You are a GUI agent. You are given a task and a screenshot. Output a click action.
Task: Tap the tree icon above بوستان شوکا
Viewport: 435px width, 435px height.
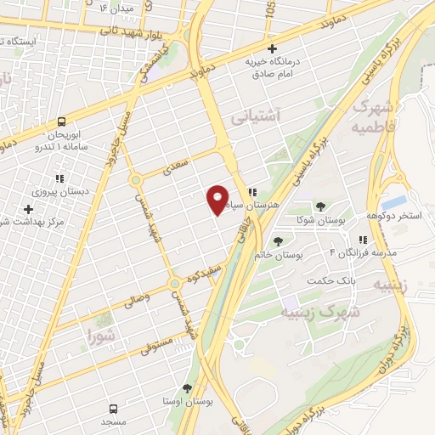(x=320, y=206)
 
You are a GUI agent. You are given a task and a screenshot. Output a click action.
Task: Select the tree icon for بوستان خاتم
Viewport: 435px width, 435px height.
(x=277, y=241)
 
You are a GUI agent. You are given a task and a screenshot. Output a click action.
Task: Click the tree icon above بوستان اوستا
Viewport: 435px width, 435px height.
(x=187, y=387)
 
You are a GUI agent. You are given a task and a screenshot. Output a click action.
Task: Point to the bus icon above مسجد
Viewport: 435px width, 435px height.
(x=114, y=409)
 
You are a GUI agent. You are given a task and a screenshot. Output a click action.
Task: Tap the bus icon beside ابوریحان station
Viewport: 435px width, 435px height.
(x=62, y=122)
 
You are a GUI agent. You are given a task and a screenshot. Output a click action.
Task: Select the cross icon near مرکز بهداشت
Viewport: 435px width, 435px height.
(x=29, y=208)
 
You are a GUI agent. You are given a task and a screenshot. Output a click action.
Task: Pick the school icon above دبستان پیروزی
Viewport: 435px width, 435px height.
(x=59, y=178)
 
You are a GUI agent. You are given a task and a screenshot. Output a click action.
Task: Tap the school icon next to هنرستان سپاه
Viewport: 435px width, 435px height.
(x=253, y=192)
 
